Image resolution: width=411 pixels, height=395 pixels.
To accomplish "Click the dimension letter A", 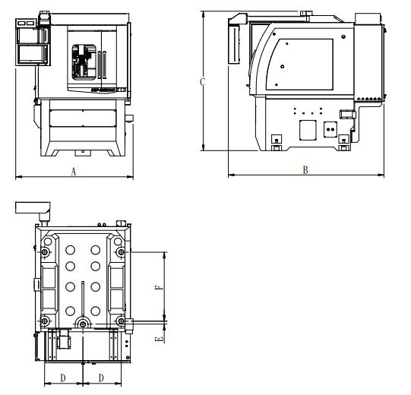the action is coord(74,172).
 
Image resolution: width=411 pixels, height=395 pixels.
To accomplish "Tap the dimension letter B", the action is coord(305,170).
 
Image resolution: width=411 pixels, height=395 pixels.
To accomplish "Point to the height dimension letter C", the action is coord(202,82).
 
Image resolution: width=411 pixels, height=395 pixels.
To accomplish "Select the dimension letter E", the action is coord(159,340).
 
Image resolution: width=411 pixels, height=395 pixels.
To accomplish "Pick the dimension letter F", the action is coord(159,288).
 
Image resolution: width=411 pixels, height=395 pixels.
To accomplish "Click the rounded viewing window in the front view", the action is coord(84,62).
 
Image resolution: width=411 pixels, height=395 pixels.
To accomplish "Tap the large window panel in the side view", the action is coord(300,65).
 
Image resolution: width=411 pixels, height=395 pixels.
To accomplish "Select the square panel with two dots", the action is coord(330,129).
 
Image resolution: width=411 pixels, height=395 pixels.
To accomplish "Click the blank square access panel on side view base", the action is coord(308,130).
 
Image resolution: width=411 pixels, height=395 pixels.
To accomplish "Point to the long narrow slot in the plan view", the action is coord(83,299).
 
